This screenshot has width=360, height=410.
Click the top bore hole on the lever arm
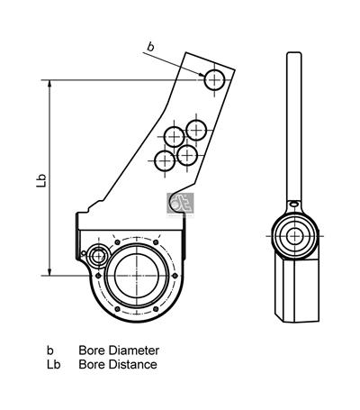pos(213,79)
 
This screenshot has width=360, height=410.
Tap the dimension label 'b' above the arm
pos(149,45)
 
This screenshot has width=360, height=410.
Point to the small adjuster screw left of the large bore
pos(97,255)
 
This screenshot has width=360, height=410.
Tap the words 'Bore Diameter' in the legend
pos(118,350)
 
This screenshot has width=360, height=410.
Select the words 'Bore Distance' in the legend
pos(117,365)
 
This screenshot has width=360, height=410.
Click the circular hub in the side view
pos(293,236)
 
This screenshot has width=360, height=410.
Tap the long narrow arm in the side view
pos(292,126)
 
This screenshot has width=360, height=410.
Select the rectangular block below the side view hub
pos(293,290)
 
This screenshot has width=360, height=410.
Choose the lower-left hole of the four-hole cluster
pos(165,161)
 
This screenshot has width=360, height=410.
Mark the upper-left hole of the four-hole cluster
pos(174,138)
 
